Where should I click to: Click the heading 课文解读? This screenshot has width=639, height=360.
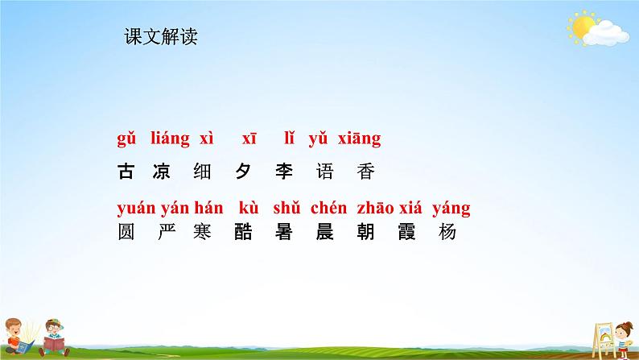(x=161, y=36)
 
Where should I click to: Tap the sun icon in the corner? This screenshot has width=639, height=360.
(x=580, y=27)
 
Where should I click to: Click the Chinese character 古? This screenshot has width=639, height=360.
(x=126, y=172)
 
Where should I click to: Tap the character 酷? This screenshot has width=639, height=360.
(x=245, y=233)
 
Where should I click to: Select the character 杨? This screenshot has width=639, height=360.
(x=447, y=233)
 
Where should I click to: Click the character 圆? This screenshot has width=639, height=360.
(x=126, y=233)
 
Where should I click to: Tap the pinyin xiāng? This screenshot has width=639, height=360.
(x=355, y=139)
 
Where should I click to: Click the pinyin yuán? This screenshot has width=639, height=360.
(x=134, y=209)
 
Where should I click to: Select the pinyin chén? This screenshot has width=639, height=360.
(x=328, y=209)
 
